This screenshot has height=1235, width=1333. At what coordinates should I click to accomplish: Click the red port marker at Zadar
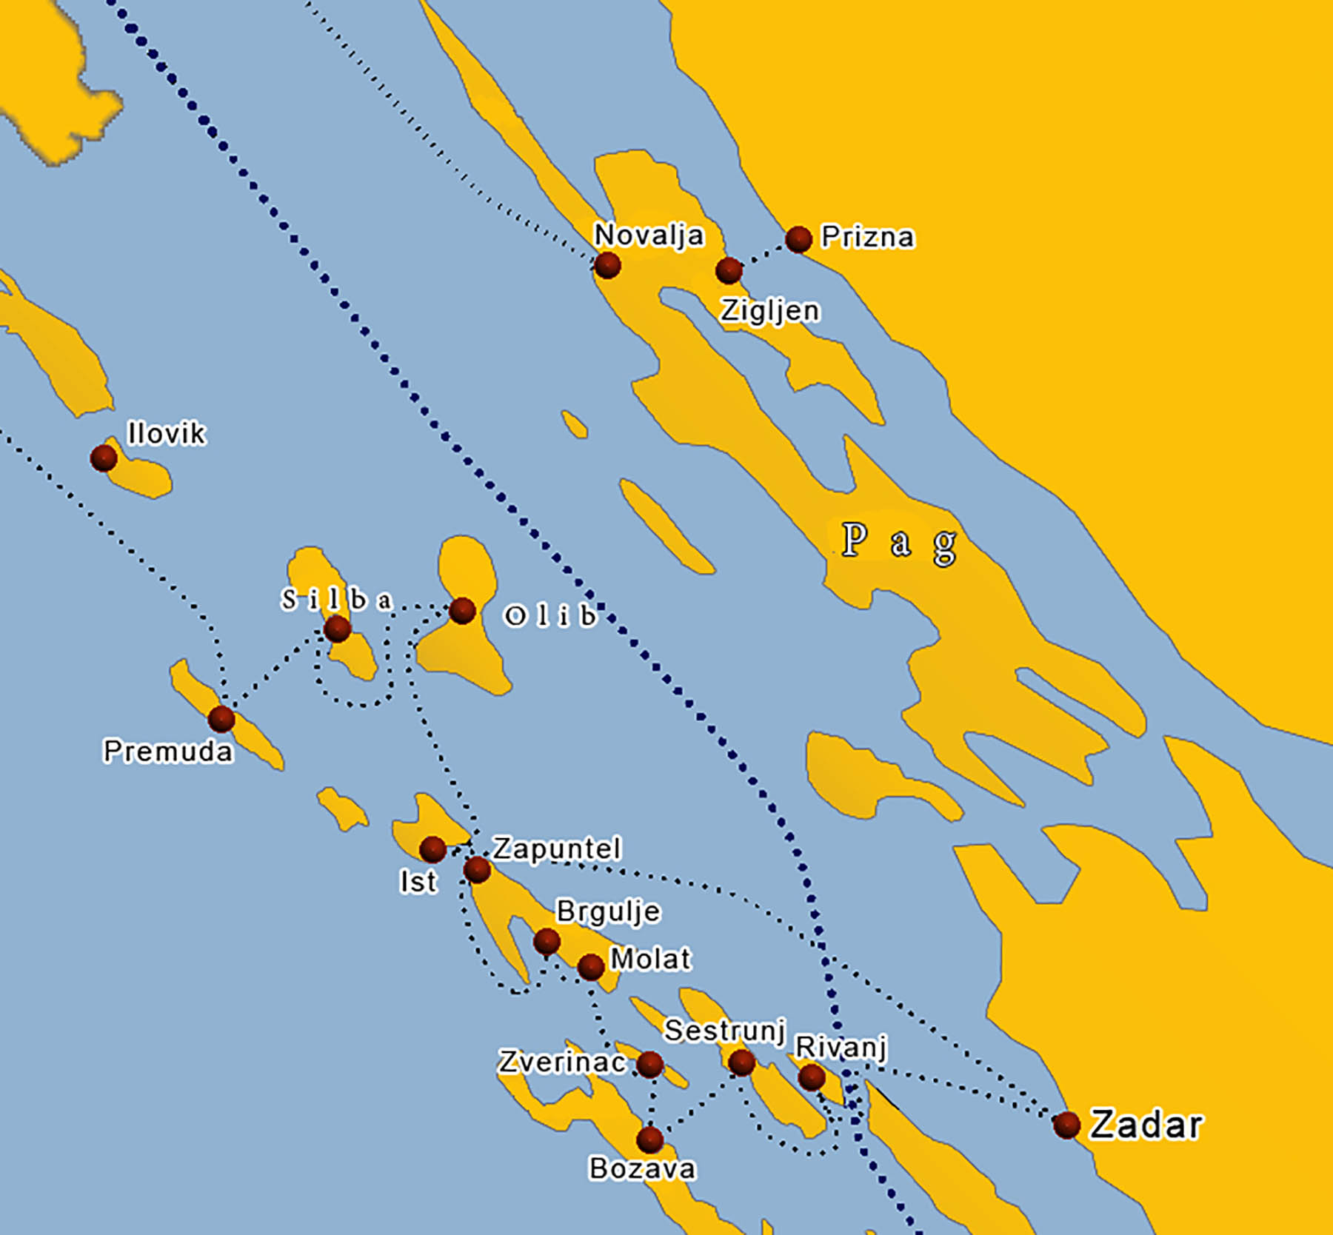tap(1066, 1125)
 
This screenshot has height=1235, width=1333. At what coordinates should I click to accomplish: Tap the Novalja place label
tap(649, 235)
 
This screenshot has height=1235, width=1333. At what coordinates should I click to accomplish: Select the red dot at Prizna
tap(798, 239)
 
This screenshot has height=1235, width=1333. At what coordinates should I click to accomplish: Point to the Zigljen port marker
tap(729, 270)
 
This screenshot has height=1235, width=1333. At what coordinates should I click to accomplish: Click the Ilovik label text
tap(166, 434)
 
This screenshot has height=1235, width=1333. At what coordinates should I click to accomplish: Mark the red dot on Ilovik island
tap(104, 458)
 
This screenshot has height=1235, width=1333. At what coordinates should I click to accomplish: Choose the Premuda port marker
tap(221, 718)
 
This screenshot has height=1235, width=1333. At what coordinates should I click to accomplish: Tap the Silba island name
tap(336, 600)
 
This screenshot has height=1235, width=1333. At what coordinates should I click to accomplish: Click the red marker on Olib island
tap(462, 611)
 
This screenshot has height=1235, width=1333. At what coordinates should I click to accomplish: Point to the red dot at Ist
tap(432, 849)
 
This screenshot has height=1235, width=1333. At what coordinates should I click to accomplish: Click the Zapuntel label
tap(557, 849)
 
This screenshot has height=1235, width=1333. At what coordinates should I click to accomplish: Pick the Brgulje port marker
tap(547, 942)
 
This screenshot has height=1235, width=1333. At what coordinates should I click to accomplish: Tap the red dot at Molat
tap(590, 966)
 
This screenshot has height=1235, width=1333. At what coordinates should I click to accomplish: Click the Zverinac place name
tap(562, 1062)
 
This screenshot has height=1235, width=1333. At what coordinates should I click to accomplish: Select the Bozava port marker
tap(649, 1139)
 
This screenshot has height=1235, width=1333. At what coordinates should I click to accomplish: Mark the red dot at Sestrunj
tap(741, 1063)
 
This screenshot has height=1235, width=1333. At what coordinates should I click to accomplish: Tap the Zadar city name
tap(1146, 1125)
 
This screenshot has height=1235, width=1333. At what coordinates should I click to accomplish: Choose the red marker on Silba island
tap(338, 629)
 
